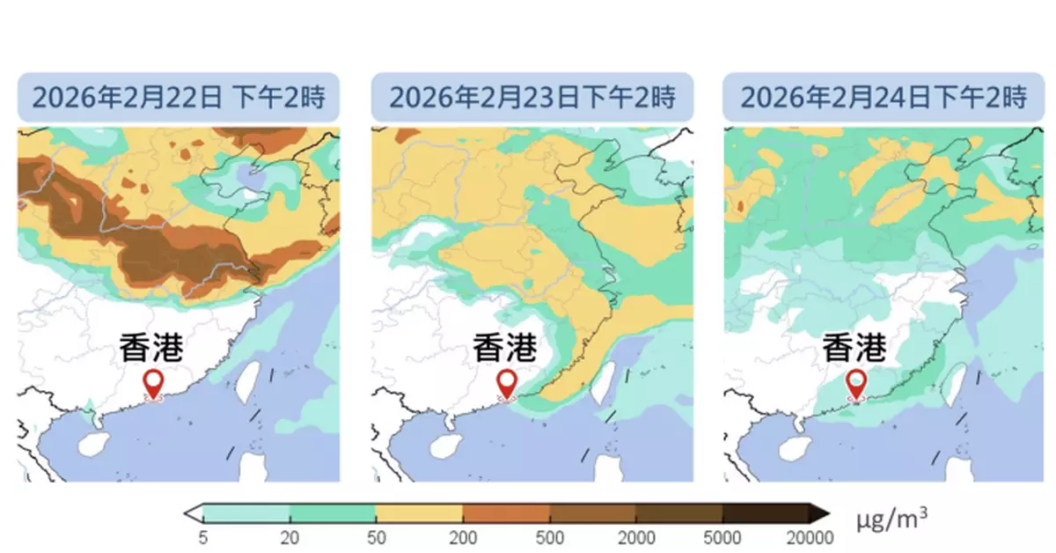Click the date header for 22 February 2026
[x=179, y=97]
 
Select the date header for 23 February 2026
[x=532, y=97]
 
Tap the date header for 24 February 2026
[x=884, y=97]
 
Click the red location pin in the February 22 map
[x=154, y=384]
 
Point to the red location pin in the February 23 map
[x=507, y=384]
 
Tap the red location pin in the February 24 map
[x=855, y=384]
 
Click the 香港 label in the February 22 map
[x=151, y=347]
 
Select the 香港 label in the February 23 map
[x=504, y=347]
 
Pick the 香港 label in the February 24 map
[x=854, y=347]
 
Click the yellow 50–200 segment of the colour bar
[x=419, y=513]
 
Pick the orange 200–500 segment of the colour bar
[x=506, y=513]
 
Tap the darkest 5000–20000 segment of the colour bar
[x=766, y=513]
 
